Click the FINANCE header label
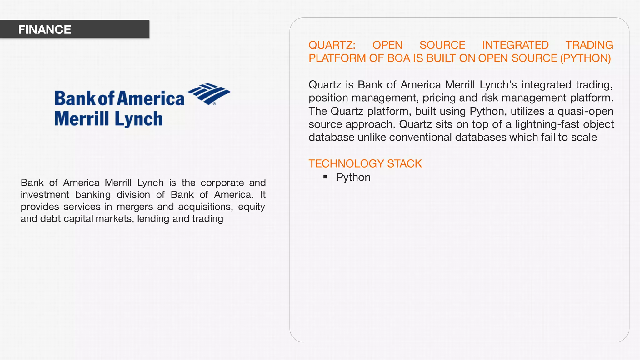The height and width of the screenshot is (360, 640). (x=45, y=30)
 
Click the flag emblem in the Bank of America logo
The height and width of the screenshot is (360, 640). (x=209, y=93)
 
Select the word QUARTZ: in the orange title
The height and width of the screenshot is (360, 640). (x=332, y=45)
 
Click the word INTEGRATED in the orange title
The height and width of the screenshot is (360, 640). (x=515, y=45)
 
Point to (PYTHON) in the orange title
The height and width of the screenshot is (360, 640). (x=585, y=58)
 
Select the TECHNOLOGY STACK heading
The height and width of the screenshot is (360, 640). (x=365, y=163)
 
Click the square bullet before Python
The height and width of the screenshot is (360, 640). (x=325, y=177)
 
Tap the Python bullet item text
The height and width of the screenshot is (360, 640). (x=353, y=177)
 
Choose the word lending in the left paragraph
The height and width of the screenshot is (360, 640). (x=153, y=218)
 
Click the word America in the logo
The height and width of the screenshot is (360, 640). (x=151, y=98)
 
